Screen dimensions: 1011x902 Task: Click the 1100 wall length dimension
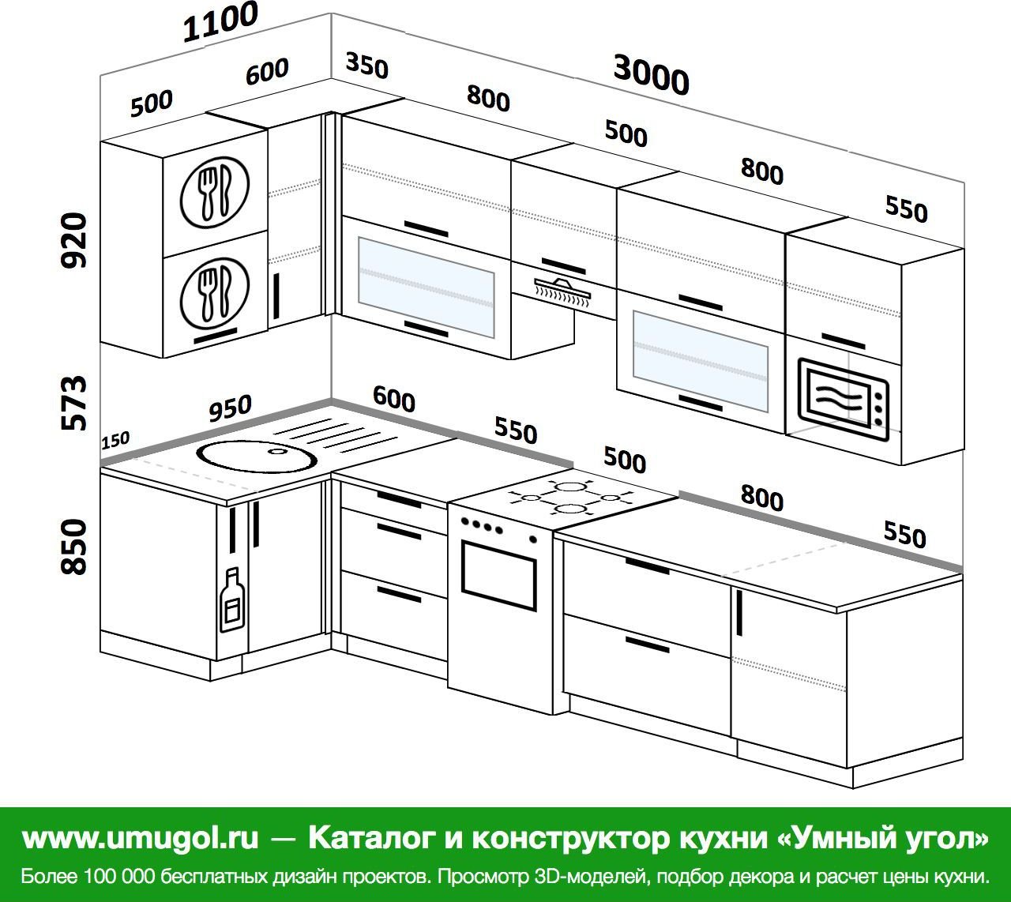[x=220, y=22]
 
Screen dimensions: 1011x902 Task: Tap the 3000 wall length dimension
[x=651, y=75]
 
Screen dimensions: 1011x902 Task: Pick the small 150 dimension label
[x=115, y=440]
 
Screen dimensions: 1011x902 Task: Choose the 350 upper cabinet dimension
[x=366, y=66]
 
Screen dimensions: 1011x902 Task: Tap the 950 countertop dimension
[x=230, y=408]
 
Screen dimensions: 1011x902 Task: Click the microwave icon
[x=843, y=400]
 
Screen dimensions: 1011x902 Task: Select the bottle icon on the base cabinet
[x=232, y=599]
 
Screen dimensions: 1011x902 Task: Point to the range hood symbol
[x=562, y=291]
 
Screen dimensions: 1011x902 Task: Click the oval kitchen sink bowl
[x=257, y=455]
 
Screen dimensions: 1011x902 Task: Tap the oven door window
[x=498, y=576]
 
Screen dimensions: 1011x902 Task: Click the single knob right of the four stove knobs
[x=533, y=539]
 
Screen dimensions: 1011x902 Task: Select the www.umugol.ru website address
[x=141, y=837]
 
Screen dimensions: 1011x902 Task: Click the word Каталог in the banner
[x=370, y=837]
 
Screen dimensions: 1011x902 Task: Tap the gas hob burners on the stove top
[x=571, y=497]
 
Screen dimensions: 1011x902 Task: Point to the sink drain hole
[x=276, y=451]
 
